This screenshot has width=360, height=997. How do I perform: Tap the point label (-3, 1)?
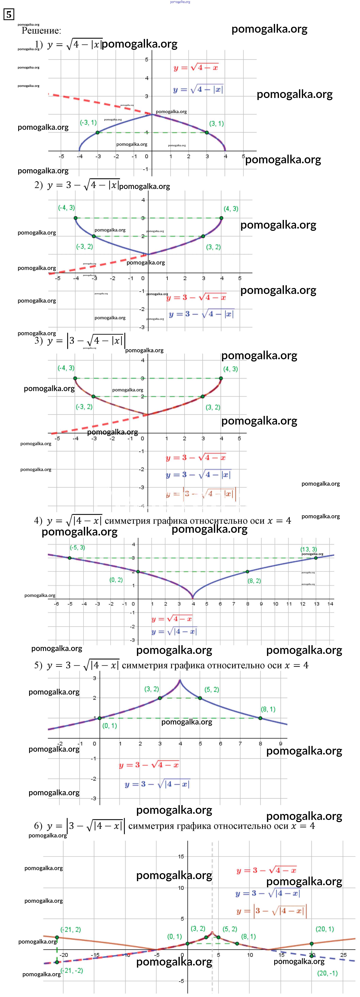tap(88, 123)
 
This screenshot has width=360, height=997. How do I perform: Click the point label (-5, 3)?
tap(77, 547)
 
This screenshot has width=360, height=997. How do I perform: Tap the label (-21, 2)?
tap(70, 929)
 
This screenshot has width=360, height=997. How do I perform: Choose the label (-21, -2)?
tap(72, 970)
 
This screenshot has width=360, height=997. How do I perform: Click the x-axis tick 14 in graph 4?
tap(330, 604)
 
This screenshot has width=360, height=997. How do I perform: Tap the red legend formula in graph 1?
tap(196, 68)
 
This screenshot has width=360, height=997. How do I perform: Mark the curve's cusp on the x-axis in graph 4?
tap(193, 598)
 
